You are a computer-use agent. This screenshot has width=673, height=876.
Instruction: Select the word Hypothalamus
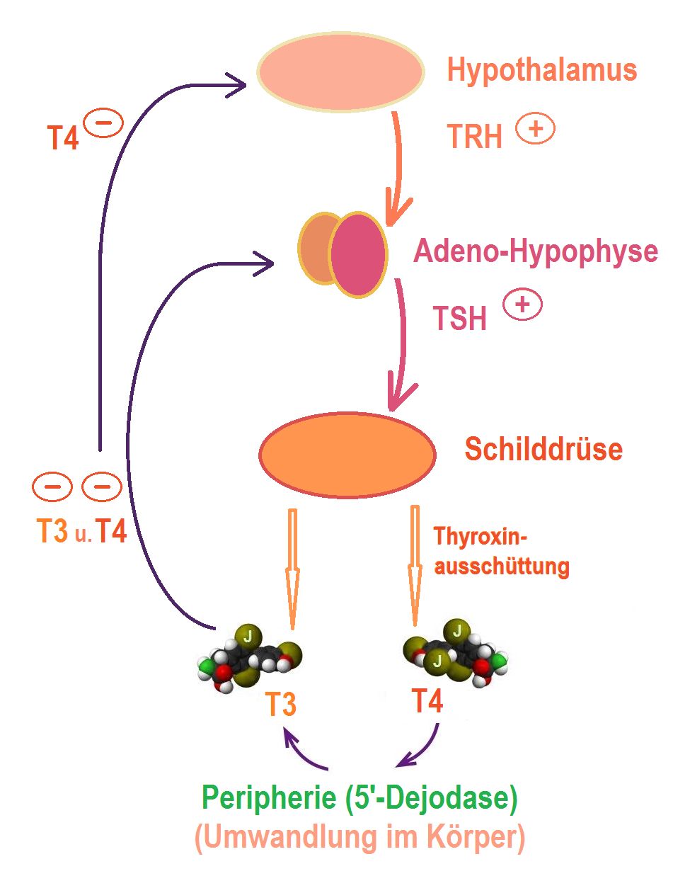tap(542, 71)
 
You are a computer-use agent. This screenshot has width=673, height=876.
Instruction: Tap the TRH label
tap(474, 136)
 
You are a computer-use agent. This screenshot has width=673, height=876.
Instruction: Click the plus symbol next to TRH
tap(535, 130)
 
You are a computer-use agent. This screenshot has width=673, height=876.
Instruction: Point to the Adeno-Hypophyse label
tap(536, 251)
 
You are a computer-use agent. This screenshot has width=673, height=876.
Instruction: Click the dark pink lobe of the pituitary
tap(358, 254)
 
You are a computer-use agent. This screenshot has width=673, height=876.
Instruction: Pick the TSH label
tap(459, 319)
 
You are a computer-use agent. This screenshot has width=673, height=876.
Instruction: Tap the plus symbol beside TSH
tap(522, 305)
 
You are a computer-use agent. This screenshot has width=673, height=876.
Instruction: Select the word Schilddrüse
tap(543, 449)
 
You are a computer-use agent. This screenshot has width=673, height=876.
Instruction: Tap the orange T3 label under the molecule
tap(280, 705)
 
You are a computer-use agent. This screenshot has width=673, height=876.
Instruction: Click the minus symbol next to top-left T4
tap(103, 124)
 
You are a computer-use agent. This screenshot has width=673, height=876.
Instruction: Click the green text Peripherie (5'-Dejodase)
tap(360, 800)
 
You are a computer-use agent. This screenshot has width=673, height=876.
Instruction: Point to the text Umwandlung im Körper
tap(359, 838)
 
